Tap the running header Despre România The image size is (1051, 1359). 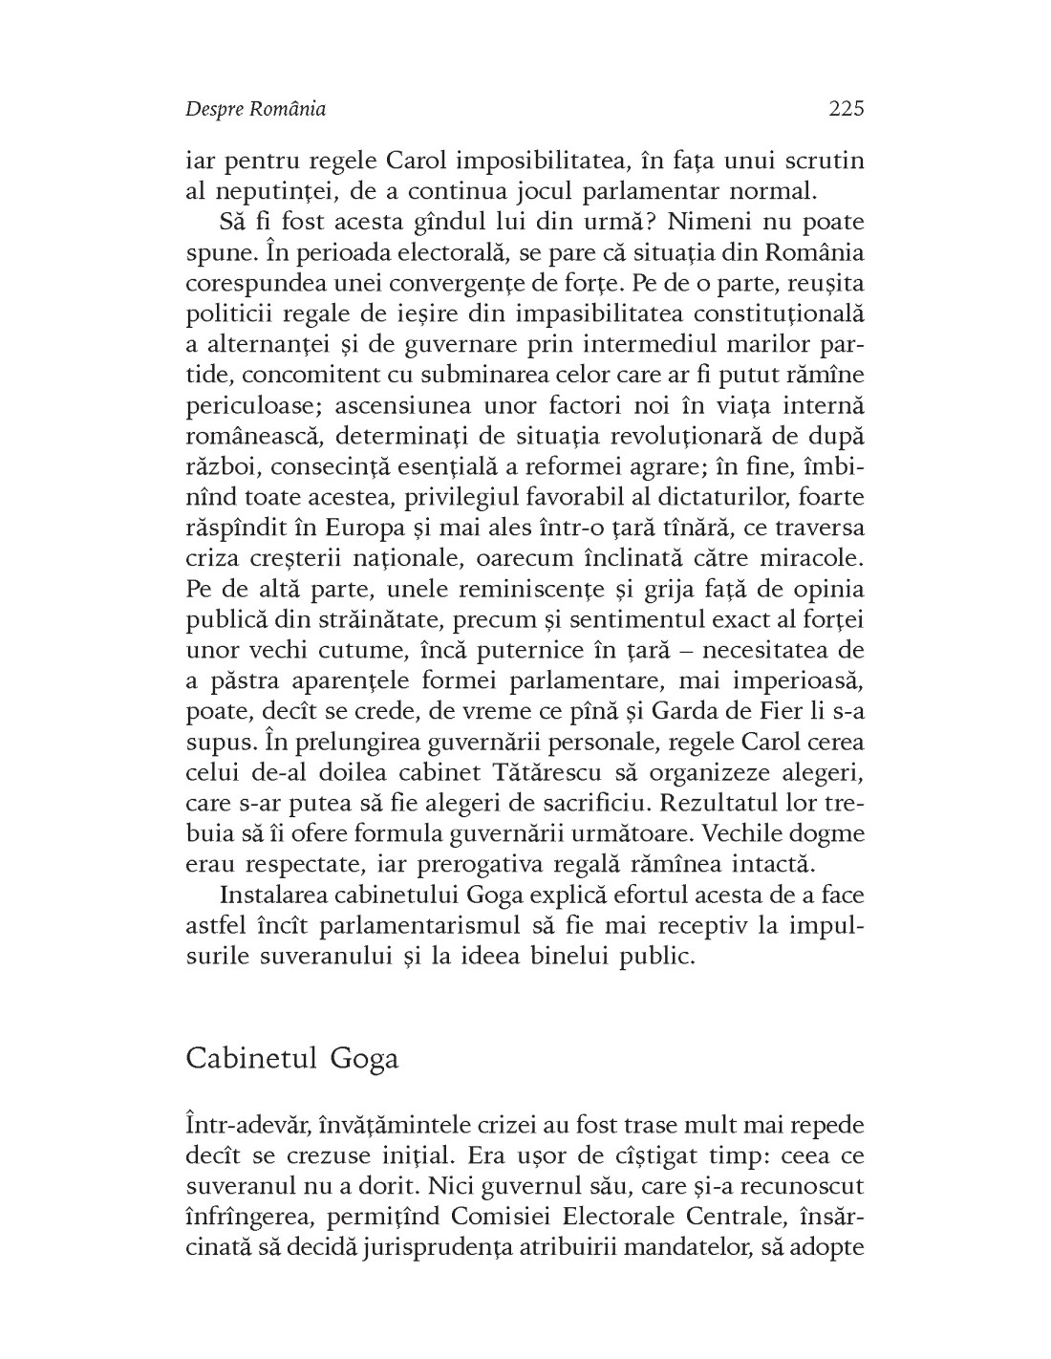click(x=255, y=109)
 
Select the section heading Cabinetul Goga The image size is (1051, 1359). click(x=291, y=1060)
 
